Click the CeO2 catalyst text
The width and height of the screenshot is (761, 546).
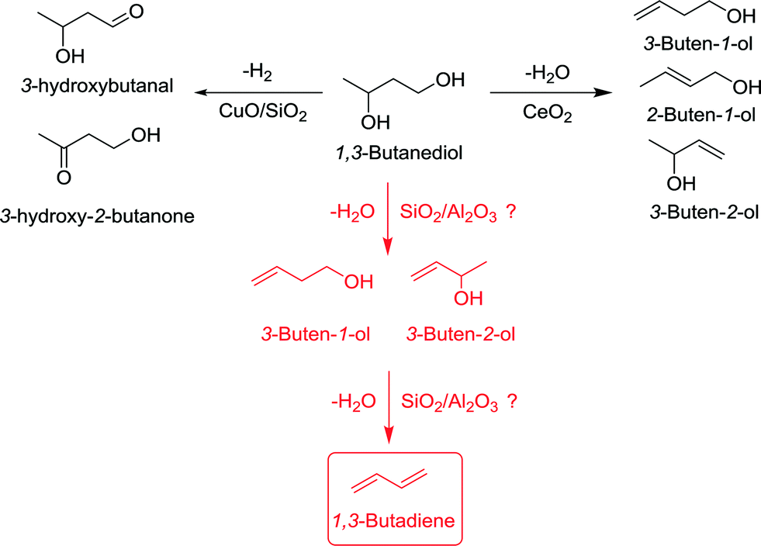tap(546, 115)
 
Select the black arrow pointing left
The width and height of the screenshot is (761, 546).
tap(259, 93)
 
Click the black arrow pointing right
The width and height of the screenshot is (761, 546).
tap(548, 93)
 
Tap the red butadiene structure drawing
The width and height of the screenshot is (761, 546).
tap(396, 480)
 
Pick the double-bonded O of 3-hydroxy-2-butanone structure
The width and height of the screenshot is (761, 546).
tap(63, 178)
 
